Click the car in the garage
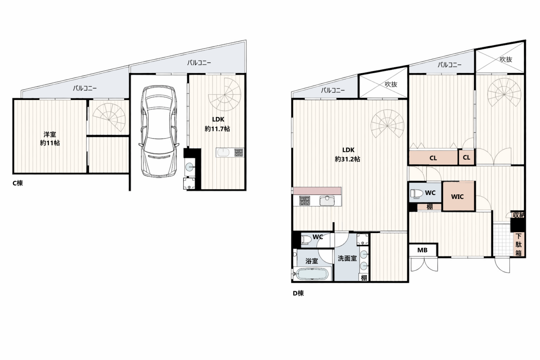tap(159, 131)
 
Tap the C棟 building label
tap(18, 183)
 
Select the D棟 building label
tap(298, 293)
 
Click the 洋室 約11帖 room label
tap(50, 139)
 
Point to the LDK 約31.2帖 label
tap(348, 155)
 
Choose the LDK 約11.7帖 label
tap(217, 124)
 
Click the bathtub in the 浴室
tap(312, 274)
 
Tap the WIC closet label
tap(457, 197)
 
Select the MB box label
tap(422, 250)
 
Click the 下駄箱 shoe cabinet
tap(518, 245)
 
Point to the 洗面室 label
tap(347, 258)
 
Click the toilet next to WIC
tap(416, 193)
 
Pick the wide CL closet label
tap(433, 158)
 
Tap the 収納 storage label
tap(518, 215)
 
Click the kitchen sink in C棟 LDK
tap(223, 153)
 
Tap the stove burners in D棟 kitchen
tap(305, 200)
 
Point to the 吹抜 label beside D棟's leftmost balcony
tap(391, 84)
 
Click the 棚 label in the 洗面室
tap(364, 278)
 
